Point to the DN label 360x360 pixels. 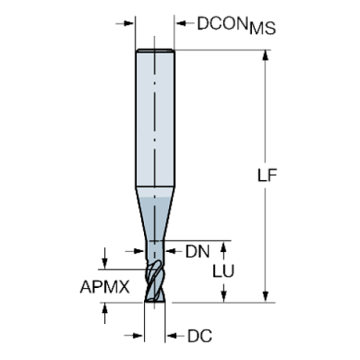197,251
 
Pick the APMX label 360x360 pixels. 105,287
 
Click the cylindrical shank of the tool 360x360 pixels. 155,118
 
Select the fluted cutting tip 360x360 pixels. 155,279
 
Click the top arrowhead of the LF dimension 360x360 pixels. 266,55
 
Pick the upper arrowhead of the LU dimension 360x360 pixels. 225,246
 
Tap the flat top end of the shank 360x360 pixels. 155,49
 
